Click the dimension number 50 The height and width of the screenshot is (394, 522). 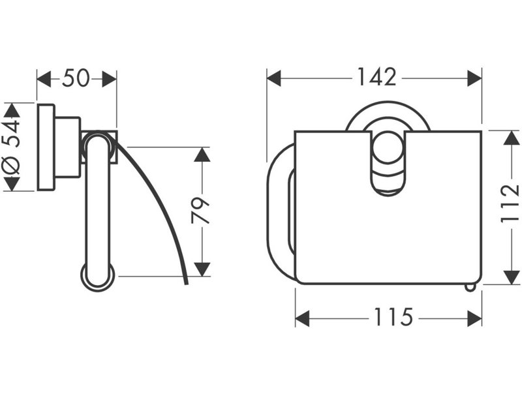[x=76, y=78]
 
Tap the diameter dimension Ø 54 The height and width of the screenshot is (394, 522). [x=12, y=147]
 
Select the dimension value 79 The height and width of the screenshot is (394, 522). [x=200, y=210]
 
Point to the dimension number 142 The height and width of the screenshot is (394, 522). [x=377, y=77]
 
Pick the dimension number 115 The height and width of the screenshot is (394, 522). [x=393, y=317]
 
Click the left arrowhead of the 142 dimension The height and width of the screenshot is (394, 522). [x=274, y=78]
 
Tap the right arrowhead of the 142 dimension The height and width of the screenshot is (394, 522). [x=474, y=78]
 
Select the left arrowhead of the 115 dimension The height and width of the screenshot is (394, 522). [x=303, y=318]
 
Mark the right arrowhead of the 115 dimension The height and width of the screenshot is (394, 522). [x=474, y=318]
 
